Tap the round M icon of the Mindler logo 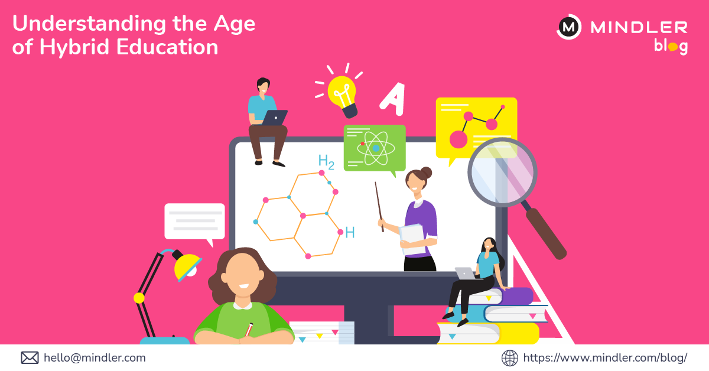(569, 27)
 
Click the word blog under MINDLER (671, 46)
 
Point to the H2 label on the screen (326, 161)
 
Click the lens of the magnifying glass (502, 172)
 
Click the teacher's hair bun (425, 172)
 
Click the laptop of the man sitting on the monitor (274, 118)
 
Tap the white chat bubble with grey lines (194, 221)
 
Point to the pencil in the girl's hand (249, 329)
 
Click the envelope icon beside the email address (30, 357)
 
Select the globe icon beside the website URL (509, 357)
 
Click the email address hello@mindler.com (95, 357)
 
